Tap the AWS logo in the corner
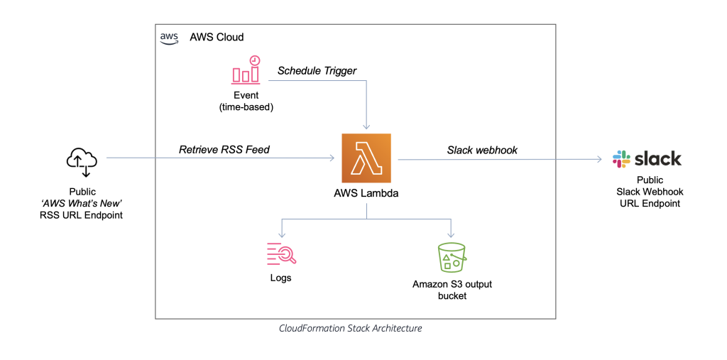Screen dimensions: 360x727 169,38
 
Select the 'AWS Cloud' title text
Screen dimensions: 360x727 217,37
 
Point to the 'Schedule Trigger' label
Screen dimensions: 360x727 317,70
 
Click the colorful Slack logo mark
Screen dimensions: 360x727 622,159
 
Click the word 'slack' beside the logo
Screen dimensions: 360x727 658,158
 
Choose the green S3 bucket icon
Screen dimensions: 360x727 452,257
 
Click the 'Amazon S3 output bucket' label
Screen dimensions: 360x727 452,290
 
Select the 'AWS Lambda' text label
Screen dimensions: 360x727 366,193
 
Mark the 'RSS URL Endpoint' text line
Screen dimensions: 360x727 82,215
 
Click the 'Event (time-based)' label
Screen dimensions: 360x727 245,101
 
